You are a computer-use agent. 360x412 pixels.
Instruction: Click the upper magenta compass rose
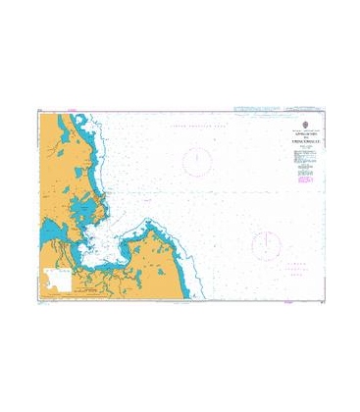pyautogui.click(x=199, y=160)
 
